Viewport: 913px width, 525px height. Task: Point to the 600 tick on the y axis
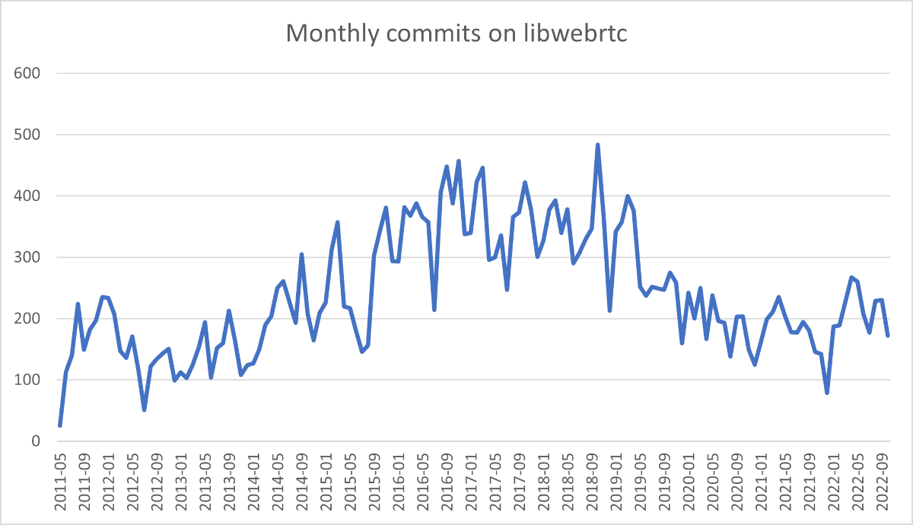27,74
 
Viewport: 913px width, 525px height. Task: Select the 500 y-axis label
27,135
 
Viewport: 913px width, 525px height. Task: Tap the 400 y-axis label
27,196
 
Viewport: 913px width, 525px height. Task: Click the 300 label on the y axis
27,257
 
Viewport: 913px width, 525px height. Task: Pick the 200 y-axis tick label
27,319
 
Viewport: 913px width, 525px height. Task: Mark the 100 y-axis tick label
27,380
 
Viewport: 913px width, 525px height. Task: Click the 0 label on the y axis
34,441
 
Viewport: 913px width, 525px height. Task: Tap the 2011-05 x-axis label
60,476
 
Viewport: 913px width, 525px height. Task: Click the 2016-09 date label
447,476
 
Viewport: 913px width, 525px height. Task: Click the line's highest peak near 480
597,145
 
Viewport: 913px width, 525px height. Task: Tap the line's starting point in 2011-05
59,425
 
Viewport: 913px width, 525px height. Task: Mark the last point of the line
888,336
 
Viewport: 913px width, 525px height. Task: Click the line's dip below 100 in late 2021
827,393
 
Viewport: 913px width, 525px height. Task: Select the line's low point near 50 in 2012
144,410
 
